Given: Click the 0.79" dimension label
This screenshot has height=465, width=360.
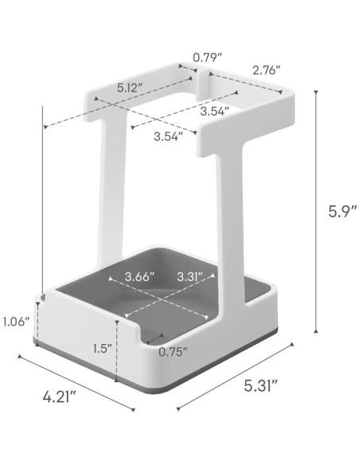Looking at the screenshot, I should [x=207, y=57].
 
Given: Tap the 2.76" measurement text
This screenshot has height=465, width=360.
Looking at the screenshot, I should [x=267, y=70].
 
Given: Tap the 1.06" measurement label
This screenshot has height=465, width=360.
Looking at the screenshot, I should [x=16, y=322].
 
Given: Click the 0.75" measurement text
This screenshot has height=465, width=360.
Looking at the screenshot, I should [x=173, y=351].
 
